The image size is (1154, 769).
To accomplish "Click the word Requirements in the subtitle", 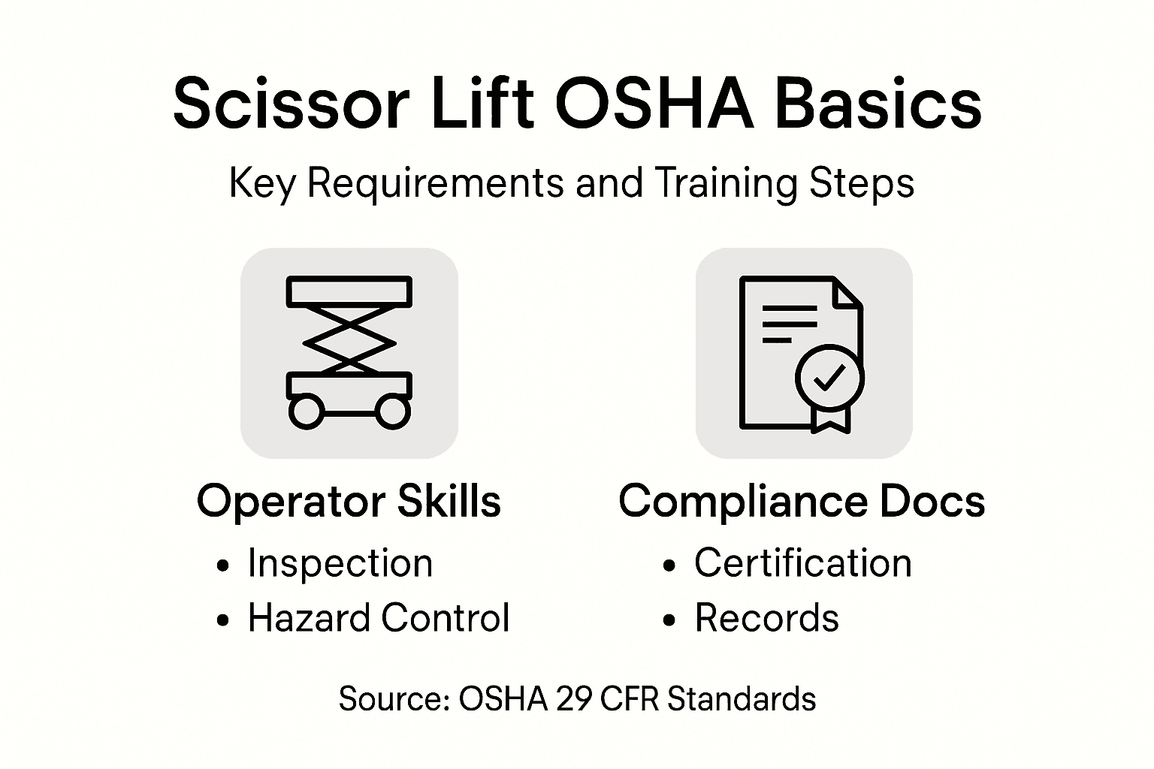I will click(435, 182).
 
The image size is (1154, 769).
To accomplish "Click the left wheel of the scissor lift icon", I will click(306, 412).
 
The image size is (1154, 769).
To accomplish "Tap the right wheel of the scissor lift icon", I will click(392, 412).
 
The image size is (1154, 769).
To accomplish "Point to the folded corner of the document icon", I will click(847, 293).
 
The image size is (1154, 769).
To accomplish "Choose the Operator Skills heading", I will click(349, 501).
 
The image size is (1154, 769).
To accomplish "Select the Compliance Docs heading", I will click(802, 501).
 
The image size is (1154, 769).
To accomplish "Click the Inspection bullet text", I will click(340, 563).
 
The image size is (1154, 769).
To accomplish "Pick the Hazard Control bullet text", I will click(379, 618).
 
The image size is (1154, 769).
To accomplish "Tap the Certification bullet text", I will click(802, 563).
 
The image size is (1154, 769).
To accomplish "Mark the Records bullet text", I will click(766, 618).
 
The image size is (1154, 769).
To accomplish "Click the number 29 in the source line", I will click(575, 699).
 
